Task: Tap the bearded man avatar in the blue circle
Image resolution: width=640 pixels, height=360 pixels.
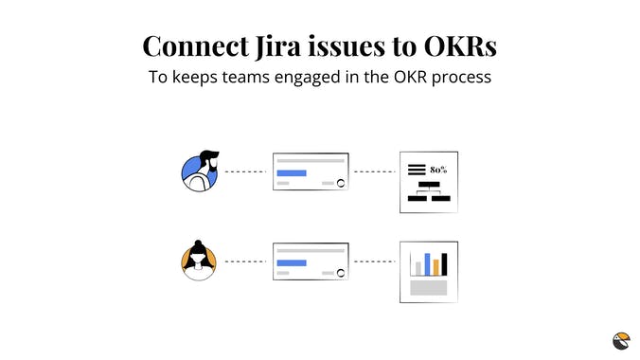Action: coord(200,171)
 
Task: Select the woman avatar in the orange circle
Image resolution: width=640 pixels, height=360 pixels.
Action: coord(199,261)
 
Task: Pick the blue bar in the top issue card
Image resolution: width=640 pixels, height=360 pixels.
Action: coord(292,172)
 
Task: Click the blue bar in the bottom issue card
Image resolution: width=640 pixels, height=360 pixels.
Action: coord(292,261)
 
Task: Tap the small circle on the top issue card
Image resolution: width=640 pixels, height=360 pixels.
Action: coord(340,183)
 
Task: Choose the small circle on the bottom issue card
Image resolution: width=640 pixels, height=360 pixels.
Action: coord(340,272)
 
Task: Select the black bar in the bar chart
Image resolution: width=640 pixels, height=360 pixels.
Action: coord(445,262)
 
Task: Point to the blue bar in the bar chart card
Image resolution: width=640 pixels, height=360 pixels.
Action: coord(427,262)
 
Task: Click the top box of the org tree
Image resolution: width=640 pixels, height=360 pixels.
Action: coord(429,185)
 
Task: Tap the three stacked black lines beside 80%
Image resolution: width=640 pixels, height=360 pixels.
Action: coord(417,170)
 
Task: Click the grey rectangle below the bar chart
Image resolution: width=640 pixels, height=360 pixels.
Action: coord(428,287)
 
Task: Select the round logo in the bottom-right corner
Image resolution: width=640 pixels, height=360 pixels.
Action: coord(620,340)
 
